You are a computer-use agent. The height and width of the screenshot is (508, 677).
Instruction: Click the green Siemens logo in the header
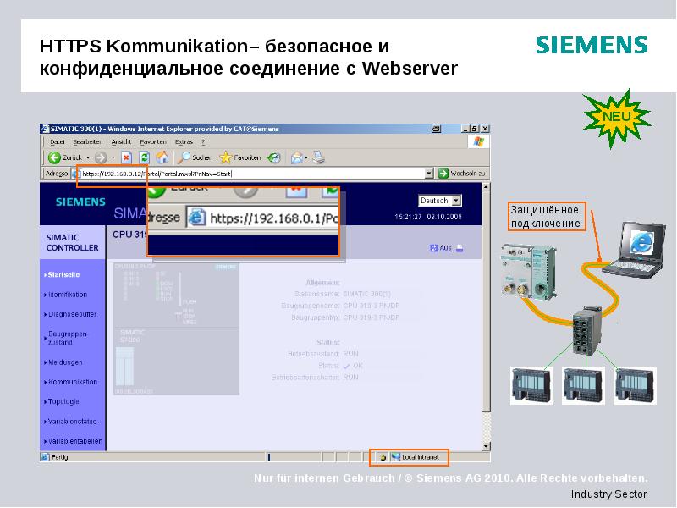click(x=592, y=46)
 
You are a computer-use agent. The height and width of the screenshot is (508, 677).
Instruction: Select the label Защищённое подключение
click(x=545, y=217)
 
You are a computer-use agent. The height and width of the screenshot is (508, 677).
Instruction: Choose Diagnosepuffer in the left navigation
click(x=71, y=314)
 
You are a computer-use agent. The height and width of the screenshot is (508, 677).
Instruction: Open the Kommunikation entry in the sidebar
click(x=73, y=382)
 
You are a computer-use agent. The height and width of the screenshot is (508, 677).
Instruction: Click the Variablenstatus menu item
click(x=73, y=421)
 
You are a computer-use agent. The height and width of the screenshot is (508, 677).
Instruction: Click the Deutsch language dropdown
click(x=440, y=201)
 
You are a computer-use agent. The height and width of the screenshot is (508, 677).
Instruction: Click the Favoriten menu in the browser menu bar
click(x=153, y=141)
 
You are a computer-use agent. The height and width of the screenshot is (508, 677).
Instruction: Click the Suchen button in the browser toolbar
click(x=196, y=157)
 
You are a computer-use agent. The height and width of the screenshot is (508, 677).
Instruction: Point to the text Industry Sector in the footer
click(x=608, y=494)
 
